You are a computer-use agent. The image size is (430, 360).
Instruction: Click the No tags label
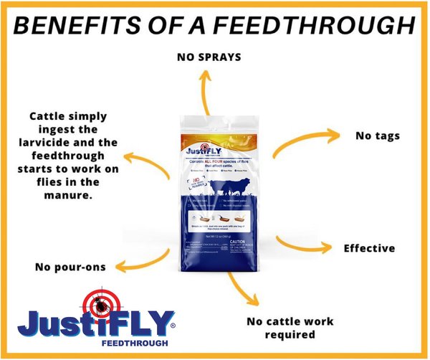tap(378, 135)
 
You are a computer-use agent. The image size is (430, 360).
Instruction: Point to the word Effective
tap(369, 248)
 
